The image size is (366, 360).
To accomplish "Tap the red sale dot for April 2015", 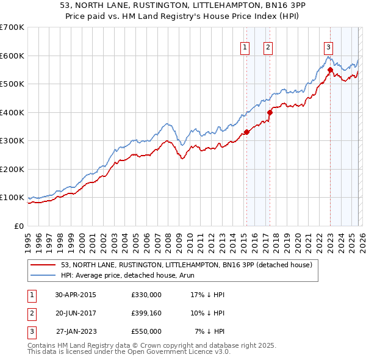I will click(246, 132).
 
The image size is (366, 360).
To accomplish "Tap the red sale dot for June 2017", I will click(270, 112).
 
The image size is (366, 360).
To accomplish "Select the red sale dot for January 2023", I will click(330, 70).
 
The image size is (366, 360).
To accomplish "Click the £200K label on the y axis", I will click(12, 169).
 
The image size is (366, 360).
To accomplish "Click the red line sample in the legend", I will click(44, 265).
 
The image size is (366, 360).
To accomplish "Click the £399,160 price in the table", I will click(146, 312).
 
